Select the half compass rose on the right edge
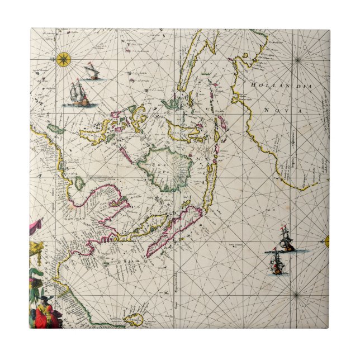tap(327, 241)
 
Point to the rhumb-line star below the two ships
tap(296, 295)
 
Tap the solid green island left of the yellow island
tap(55, 129)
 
